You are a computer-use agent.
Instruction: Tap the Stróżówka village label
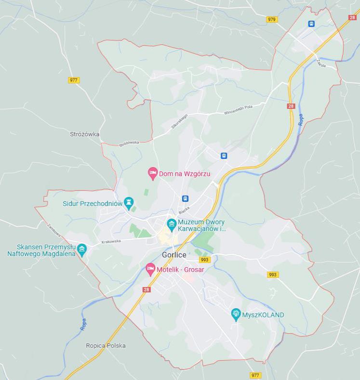click(85, 134)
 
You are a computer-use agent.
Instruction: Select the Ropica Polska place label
click(106, 346)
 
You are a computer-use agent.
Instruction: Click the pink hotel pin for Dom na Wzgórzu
click(153, 173)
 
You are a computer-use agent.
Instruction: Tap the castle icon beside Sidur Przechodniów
click(129, 202)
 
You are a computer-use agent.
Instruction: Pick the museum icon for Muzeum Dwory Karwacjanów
click(171, 224)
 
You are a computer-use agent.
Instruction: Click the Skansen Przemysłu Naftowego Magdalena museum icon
click(82, 249)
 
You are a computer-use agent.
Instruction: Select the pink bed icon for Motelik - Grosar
click(150, 269)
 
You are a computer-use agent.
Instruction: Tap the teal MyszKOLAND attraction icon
click(236, 314)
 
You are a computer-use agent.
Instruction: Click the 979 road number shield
click(272, 19)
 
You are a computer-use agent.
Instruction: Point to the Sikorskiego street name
click(179, 122)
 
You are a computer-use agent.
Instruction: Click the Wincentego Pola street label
click(238, 110)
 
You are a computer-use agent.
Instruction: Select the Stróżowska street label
click(129, 143)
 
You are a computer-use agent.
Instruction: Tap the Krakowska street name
click(110, 241)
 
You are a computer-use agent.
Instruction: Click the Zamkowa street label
click(53, 230)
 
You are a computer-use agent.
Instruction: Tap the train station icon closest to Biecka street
click(185, 198)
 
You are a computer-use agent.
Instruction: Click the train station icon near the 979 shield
click(311, 24)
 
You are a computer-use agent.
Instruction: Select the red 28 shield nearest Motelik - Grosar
click(147, 289)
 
